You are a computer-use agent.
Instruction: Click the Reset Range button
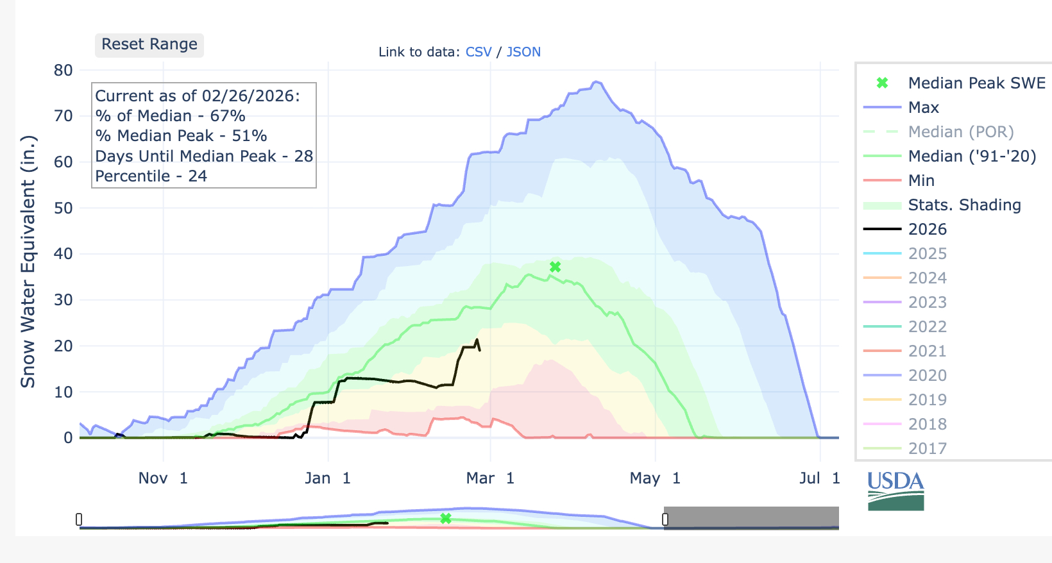pyautogui.click(x=149, y=45)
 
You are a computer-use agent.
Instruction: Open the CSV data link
pyautogui.click(x=479, y=52)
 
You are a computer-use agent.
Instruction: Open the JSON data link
pyautogui.click(x=523, y=52)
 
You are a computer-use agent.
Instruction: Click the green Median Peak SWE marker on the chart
pyautogui.click(x=556, y=267)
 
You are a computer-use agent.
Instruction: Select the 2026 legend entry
pyautogui.click(x=928, y=230)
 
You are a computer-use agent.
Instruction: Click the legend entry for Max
pyautogui.click(x=923, y=108)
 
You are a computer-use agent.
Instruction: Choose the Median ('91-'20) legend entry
pyautogui.click(x=972, y=156)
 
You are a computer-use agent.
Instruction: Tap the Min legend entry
pyautogui.click(x=921, y=181)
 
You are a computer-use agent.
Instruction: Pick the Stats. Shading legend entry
pyautogui.click(x=964, y=205)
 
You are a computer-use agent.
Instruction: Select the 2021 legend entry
pyautogui.click(x=928, y=351)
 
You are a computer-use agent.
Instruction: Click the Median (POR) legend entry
pyautogui.click(x=960, y=132)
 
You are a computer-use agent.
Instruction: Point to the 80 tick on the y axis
pyautogui.click(x=64, y=71)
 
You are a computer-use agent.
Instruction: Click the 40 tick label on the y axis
pyautogui.click(x=64, y=254)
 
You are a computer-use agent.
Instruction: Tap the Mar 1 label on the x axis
pyautogui.click(x=490, y=478)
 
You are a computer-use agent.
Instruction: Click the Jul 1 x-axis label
pyautogui.click(x=819, y=478)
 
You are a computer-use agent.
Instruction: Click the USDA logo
pyautogui.click(x=895, y=491)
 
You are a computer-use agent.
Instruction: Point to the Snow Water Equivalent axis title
pyautogui.click(x=28, y=262)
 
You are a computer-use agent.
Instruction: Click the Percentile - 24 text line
pyautogui.click(x=151, y=176)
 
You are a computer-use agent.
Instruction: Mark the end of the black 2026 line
pyautogui.click(x=480, y=349)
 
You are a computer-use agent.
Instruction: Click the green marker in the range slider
pyautogui.click(x=446, y=518)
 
